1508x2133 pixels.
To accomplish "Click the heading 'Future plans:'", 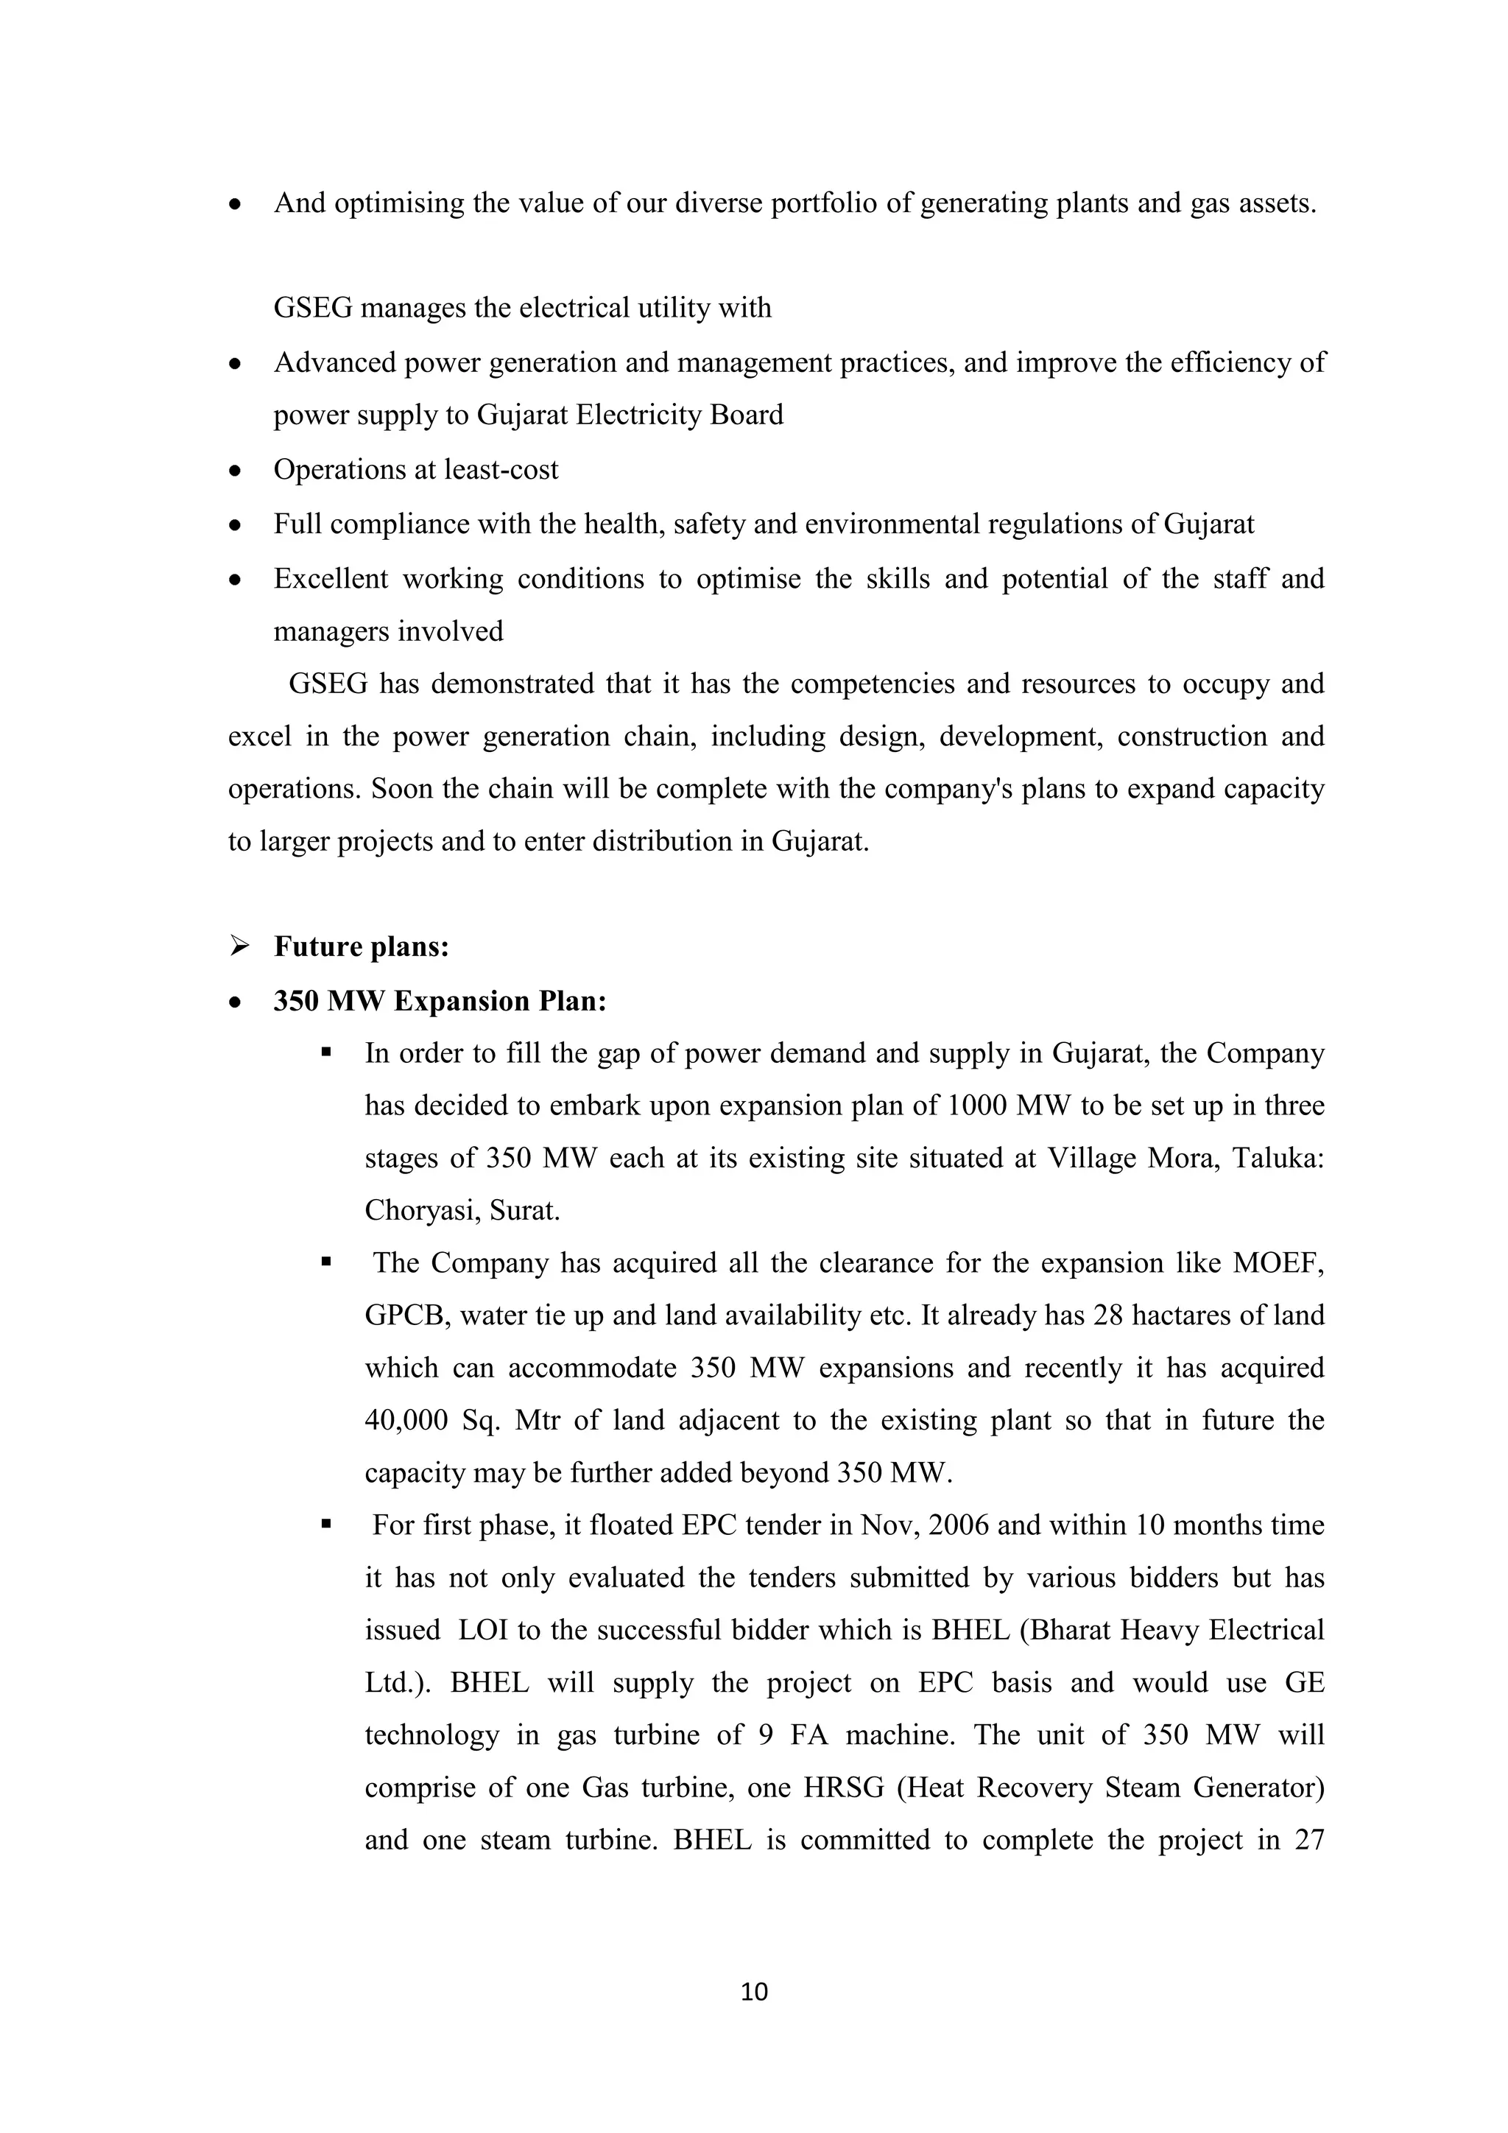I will click(362, 946).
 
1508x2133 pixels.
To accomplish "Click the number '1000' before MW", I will click(974, 1106).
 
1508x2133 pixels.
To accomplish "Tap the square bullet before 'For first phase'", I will click(326, 1525).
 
